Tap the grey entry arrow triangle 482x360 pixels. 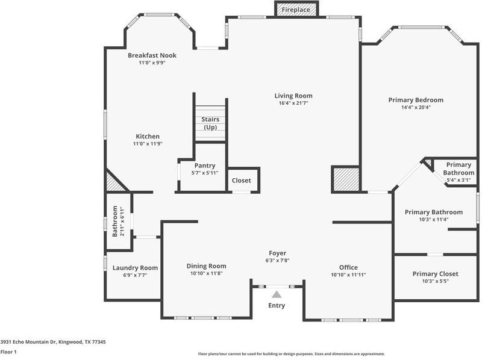coord(277,294)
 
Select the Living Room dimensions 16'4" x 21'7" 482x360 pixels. coord(293,104)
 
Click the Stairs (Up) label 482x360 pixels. coord(210,123)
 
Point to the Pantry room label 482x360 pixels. coord(204,166)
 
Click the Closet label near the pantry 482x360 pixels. coord(242,180)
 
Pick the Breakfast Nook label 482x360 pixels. coord(152,55)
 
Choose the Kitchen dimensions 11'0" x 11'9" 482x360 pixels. coord(148,144)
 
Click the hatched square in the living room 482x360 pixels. coord(345,180)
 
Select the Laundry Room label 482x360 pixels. coord(135,268)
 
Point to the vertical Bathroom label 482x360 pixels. coord(114,221)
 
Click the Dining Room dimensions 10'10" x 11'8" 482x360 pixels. coord(206,273)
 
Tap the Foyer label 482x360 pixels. coord(277,253)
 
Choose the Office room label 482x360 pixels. coord(348,267)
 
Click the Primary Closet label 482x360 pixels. coord(435,274)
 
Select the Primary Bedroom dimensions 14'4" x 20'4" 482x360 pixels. coord(416,108)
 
